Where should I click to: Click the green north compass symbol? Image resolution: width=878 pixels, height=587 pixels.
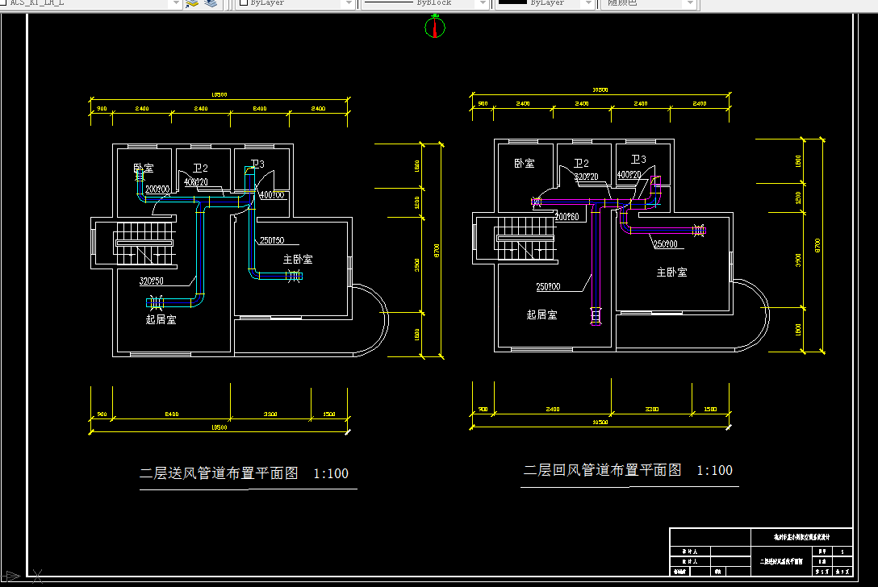click(435, 28)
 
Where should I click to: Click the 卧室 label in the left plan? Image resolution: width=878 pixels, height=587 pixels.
click(144, 169)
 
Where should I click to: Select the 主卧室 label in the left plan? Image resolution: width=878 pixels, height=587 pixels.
click(298, 259)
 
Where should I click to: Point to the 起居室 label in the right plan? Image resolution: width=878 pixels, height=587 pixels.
click(541, 314)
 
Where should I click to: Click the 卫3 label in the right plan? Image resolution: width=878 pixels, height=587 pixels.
click(638, 160)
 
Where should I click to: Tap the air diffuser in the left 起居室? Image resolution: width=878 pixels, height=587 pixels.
click(155, 303)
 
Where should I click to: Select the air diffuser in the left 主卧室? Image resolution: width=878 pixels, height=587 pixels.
click(294, 277)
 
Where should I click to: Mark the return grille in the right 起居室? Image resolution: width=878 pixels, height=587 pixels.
click(596, 315)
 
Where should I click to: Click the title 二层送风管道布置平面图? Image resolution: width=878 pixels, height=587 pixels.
click(219, 473)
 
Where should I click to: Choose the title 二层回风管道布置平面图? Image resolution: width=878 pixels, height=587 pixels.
click(603, 470)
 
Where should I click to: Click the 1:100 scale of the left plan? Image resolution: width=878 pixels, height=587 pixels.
click(331, 473)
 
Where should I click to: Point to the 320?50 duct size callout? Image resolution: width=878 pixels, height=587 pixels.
click(152, 281)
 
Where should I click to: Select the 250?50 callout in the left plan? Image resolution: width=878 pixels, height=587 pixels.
click(272, 240)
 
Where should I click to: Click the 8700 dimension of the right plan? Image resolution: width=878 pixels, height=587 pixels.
click(817, 244)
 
